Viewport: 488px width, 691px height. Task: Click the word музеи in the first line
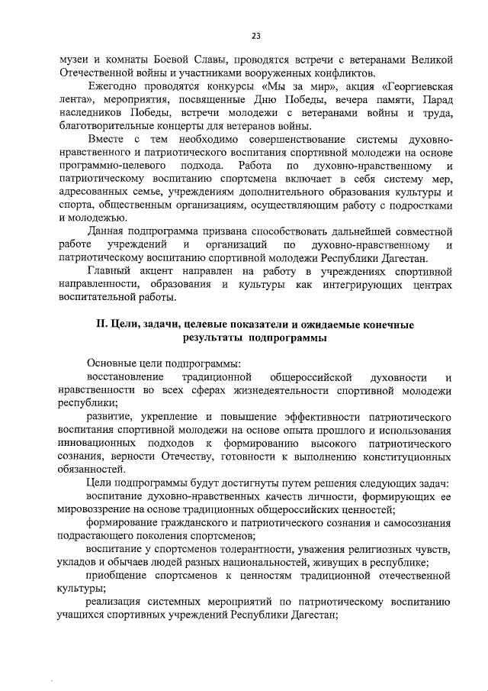pos(76,60)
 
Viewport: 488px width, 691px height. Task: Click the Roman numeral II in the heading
pos(101,325)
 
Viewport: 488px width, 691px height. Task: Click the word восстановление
pos(125,377)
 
